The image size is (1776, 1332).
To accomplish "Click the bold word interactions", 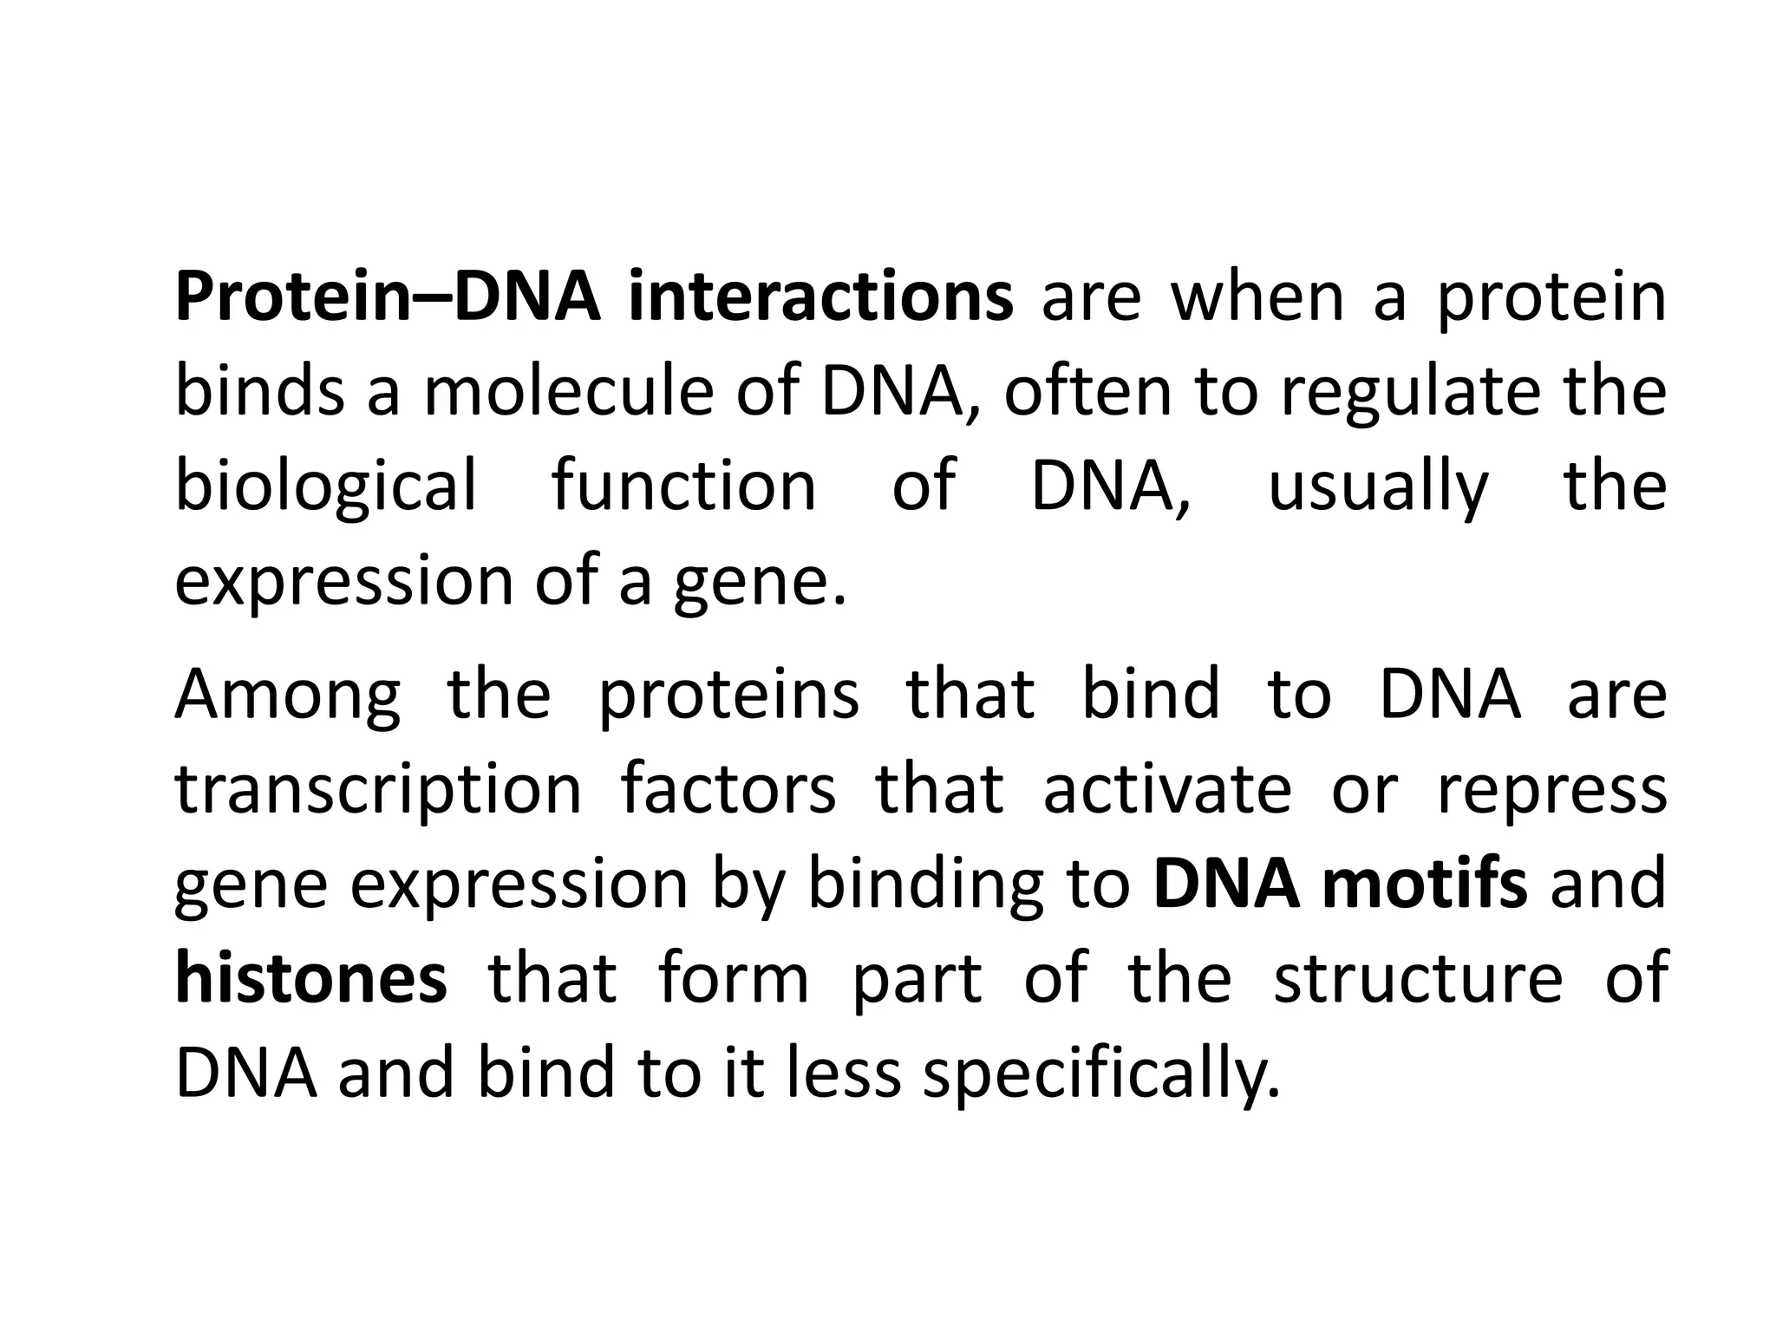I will tap(820, 297).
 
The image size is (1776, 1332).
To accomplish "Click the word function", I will tap(684, 486).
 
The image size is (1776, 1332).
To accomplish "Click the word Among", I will tap(288, 695).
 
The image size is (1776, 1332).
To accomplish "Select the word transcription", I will tap(378, 791).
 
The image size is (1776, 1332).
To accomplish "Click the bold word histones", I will tap(311, 978).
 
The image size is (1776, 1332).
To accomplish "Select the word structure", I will tap(1418, 978).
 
